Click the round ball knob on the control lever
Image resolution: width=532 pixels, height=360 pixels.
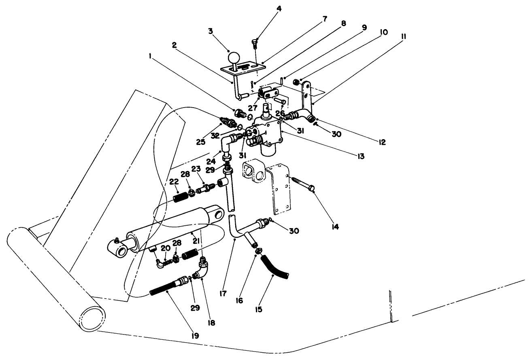click(234, 57)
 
